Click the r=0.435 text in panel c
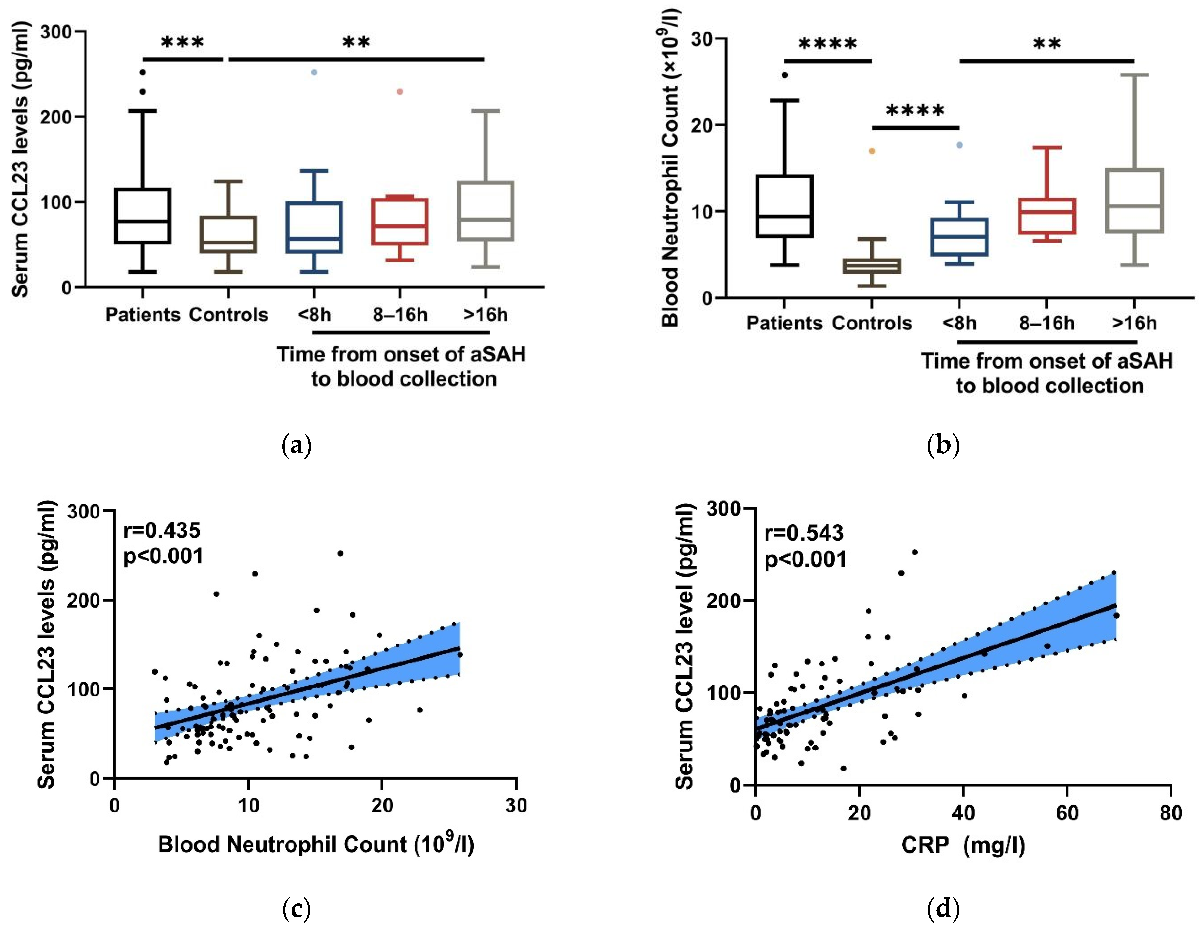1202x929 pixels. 162,531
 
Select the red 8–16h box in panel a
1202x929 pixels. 399,221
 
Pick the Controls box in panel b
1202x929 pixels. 872,266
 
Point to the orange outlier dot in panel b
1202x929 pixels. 872,151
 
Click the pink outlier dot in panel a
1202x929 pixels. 400,91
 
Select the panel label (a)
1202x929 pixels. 296,445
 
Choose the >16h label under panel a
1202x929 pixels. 485,315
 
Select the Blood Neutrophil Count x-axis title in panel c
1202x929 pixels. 316,844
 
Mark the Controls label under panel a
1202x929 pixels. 228,315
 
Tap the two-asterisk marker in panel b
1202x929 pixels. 1046,44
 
